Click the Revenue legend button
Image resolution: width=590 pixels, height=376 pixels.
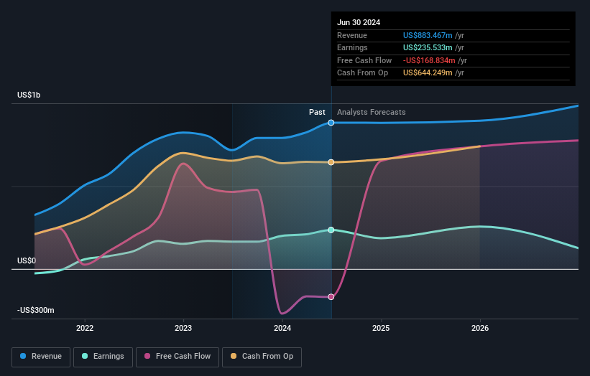42,357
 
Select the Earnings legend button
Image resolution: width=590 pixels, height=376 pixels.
103,357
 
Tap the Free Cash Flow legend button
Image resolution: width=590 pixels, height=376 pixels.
176,357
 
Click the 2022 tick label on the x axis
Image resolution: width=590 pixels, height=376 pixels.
85,329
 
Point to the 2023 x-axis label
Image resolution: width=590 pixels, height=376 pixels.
183,329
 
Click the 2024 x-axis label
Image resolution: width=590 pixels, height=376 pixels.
282,329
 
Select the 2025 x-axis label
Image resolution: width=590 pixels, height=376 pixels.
381,329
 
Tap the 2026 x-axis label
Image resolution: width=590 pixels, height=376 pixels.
480,329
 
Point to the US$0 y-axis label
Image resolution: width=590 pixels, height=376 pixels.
26,260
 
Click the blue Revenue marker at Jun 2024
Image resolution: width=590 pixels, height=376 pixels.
331,123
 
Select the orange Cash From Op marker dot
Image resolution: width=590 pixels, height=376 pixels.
331,162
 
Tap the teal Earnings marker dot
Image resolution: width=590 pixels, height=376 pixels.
331,230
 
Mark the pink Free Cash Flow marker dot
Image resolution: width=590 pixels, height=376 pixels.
331,296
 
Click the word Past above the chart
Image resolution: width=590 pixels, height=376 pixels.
317,112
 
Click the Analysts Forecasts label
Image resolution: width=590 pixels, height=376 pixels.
371,112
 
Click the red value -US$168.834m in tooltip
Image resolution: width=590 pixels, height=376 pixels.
429,60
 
